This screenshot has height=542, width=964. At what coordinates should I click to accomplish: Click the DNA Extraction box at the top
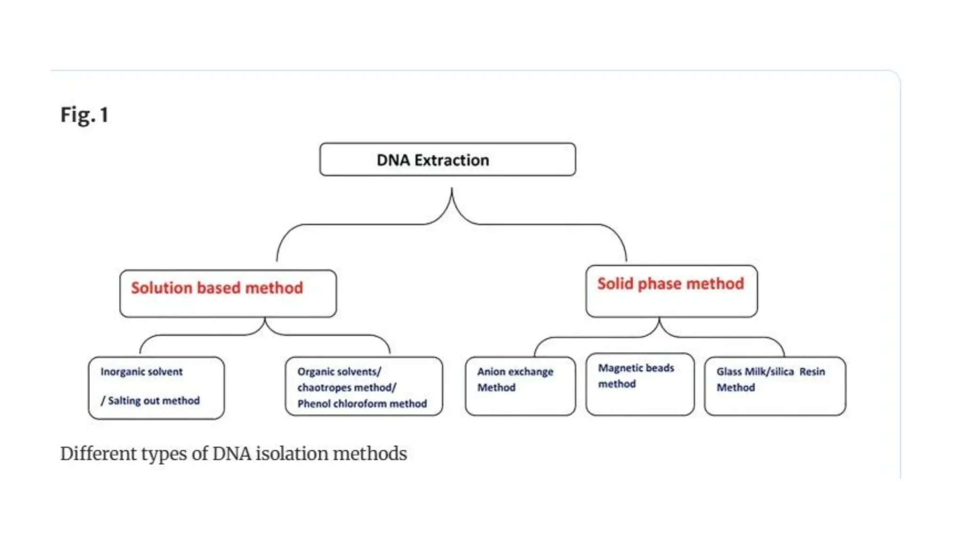(447, 159)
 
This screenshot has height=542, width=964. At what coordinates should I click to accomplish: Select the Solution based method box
(228, 294)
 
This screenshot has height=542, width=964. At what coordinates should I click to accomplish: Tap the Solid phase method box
(671, 291)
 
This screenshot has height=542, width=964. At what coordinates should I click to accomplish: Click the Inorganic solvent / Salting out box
(156, 388)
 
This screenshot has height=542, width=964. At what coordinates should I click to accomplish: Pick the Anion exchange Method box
(520, 386)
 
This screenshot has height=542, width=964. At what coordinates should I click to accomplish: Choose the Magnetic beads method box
(640, 384)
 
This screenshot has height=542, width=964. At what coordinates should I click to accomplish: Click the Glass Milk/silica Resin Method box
(775, 386)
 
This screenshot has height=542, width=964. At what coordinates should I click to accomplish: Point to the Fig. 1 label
(85, 115)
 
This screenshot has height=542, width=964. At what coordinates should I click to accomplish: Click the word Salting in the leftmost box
(124, 401)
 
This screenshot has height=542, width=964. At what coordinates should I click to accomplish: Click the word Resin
(812, 372)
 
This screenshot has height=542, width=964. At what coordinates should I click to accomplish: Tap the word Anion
(490, 372)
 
